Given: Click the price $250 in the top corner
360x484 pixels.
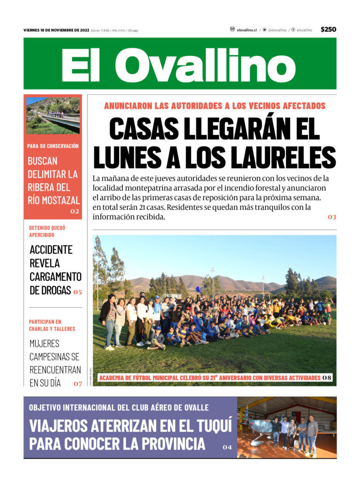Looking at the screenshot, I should coord(328,30).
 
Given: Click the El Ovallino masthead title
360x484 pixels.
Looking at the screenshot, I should coord(178,66).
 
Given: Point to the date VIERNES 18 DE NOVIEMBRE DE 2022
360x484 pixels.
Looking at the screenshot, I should coord(56,30).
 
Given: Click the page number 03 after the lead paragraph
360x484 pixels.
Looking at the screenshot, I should coord(332,217).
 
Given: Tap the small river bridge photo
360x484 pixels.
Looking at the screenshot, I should coord(53,115).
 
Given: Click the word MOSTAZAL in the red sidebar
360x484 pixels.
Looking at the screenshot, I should coord(60,201).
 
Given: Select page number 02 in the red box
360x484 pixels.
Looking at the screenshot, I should coord(75,211).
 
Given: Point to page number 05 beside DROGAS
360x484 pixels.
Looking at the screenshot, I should coord(77,292).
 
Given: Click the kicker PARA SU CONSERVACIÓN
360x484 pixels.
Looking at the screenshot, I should coord(53,146).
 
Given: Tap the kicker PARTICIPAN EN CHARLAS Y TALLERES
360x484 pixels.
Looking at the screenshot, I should coord(52,325).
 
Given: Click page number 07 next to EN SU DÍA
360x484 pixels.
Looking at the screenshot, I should coord(77,384).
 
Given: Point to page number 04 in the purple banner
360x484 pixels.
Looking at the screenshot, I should coord(227,447).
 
